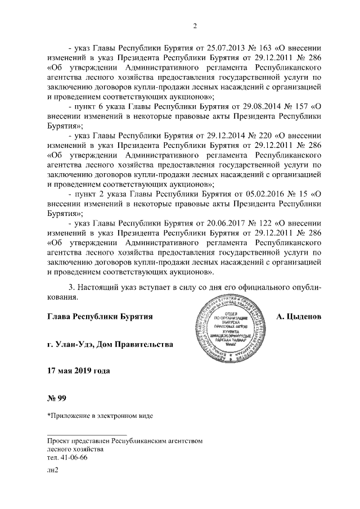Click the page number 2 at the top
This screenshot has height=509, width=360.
point(195,25)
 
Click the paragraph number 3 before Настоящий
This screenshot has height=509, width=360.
point(70,287)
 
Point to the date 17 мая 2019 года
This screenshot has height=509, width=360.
point(78,371)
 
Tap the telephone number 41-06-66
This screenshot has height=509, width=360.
point(74,457)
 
